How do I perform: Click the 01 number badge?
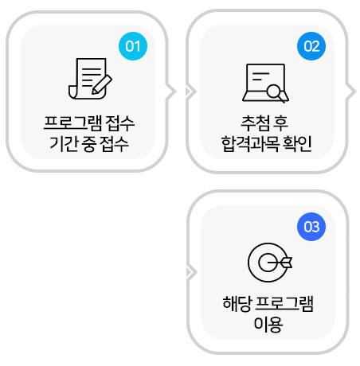(133, 46)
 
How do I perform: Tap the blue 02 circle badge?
(311, 46)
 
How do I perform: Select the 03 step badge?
(311, 227)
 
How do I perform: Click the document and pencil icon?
(90, 79)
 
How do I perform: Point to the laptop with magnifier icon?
(265, 84)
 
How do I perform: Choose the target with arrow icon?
(270, 263)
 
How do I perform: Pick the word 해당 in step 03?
(237, 304)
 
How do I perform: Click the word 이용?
(268, 324)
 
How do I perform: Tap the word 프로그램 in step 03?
(284, 304)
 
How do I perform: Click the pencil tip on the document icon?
(93, 92)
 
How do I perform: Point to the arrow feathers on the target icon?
(287, 263)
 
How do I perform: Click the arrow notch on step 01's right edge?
(171, 91)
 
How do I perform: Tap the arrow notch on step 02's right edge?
(350, 91)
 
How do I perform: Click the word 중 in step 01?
(89, 144)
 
